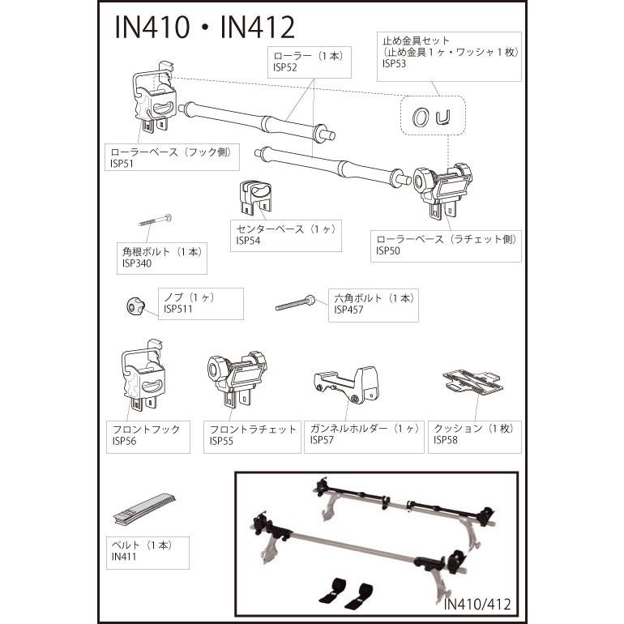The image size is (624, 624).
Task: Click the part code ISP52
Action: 285,69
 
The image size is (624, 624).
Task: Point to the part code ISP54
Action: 248,241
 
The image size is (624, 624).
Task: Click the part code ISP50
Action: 387,250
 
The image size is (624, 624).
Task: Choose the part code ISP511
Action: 178,308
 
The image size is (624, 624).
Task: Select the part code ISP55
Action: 221,441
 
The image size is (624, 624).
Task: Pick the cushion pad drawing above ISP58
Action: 471,381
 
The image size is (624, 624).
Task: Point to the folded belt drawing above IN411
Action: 143,506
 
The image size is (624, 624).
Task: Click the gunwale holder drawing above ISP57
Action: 346,383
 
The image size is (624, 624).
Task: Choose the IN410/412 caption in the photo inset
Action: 477,604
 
